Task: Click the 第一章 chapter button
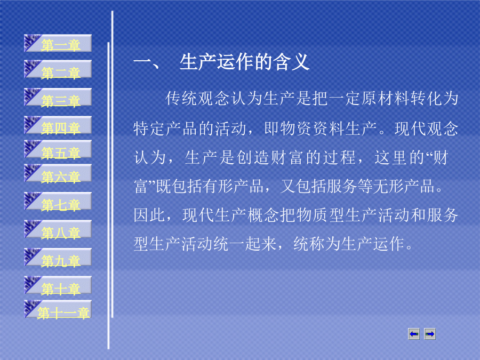pos(58,43)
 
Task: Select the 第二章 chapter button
pos(58,69)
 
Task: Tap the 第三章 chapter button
pos(58,97)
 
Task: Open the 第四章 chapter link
pos(58,125)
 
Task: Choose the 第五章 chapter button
pos(58,149)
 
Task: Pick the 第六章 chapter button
pos(58,173)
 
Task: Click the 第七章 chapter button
pos(58,201)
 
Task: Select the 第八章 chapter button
pos(58,229)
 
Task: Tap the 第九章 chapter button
pos(58,257)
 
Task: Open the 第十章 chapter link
pos(58,285)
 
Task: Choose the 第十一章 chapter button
pos(58,309)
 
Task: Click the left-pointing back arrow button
pos(414,334)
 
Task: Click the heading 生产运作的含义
pos(244,62)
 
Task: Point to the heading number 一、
pos(146,63)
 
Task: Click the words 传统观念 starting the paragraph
pos(197,99)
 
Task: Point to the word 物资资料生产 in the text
pos(321,129)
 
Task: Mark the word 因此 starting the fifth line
pos(149,215)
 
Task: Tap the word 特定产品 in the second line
pos(165,129)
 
